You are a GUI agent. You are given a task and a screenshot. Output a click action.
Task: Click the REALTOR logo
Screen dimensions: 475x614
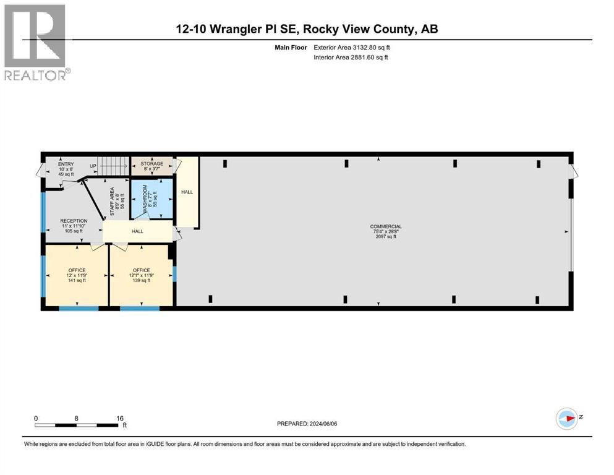coord(35,42)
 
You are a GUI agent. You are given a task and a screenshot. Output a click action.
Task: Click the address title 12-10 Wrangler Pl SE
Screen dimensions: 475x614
coord(307,28)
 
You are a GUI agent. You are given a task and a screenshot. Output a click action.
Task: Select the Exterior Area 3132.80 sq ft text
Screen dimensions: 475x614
coord(352,46)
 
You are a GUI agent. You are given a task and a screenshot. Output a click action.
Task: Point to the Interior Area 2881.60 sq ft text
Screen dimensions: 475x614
coord(351,57)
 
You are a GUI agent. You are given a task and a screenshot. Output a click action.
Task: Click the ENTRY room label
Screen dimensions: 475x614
coord(66,164)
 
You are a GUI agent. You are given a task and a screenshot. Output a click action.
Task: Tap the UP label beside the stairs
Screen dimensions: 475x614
coord(93,166)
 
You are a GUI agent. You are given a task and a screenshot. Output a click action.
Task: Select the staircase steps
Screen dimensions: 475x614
coord(113,166)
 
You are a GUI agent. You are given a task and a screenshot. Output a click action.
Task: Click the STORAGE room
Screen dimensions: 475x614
coord(151,166)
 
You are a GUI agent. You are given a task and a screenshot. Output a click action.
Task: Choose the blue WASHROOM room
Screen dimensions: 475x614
coord(151,199)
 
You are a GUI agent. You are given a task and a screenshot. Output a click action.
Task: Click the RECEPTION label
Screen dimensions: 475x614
coord(74,221)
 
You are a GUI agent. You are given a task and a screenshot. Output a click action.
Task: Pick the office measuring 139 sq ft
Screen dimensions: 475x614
coord(142,275)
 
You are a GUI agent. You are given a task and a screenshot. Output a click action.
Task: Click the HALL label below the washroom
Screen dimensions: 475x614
coord(137,231)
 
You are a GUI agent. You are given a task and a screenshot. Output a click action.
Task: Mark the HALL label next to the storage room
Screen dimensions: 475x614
coord(187,192)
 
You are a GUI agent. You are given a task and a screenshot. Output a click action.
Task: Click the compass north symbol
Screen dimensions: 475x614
coord(567,419)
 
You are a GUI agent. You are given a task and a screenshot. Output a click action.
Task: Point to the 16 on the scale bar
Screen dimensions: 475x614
coord(120,418)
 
